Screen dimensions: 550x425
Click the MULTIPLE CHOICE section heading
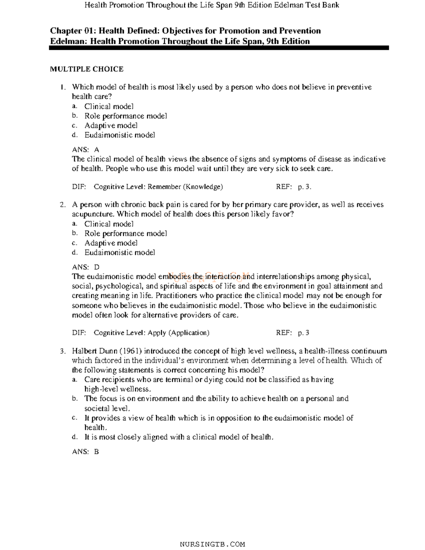pos(86,69)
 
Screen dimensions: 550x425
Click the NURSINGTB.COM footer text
pos(212,544)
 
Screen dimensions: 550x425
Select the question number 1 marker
pos(63,87)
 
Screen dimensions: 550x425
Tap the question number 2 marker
pos(63,205)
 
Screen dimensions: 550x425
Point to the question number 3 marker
pos(63,351)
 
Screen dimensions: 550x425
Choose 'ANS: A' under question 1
pos(85,150)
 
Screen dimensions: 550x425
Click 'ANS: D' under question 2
pos(85,267)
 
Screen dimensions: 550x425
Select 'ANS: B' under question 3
pos(85,452)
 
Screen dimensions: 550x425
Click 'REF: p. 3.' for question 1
pos(294,187)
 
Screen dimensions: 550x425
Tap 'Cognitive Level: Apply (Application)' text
pos(152,333)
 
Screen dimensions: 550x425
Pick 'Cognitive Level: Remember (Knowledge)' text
pos(158,187)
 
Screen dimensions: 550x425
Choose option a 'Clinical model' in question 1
pos(109,106)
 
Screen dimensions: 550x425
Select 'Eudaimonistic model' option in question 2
pos(120,253)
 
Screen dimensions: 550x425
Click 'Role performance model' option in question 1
pos(125,116)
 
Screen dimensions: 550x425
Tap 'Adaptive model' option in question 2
pos(111,243)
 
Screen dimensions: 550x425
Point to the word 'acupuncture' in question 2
pos(93,214)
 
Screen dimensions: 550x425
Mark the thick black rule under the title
pos(219,48)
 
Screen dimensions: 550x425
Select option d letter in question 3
pos(74,437)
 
